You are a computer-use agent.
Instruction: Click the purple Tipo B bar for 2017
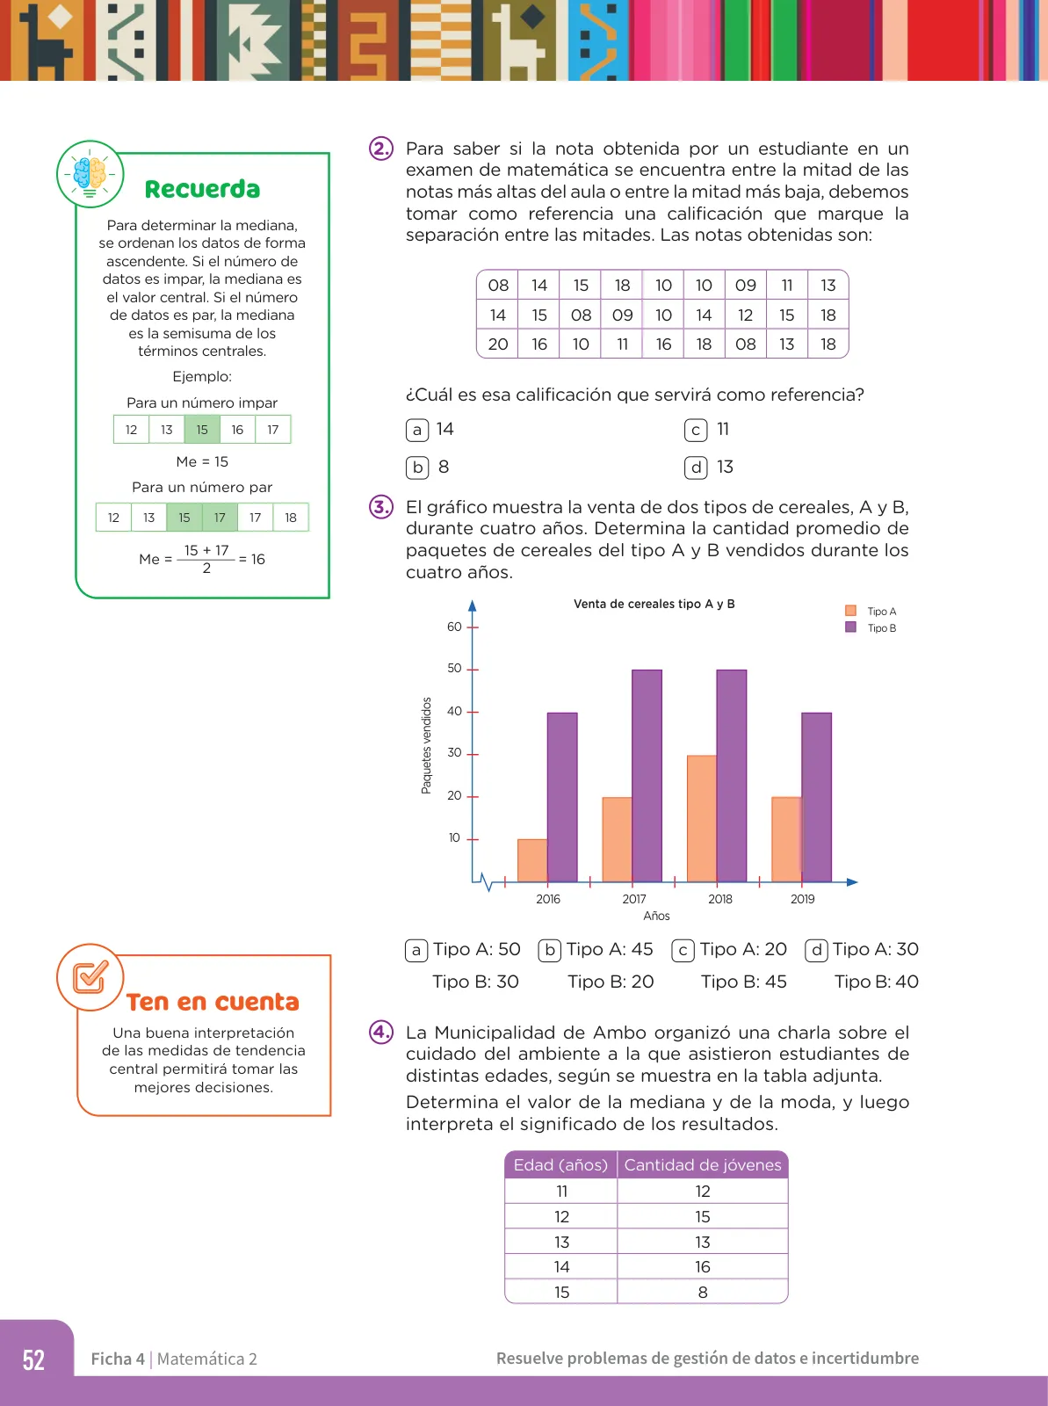click(x=647, y=776)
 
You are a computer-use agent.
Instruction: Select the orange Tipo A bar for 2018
click(x=702, y=819)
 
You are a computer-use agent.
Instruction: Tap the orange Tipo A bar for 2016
click(x=532, y=860)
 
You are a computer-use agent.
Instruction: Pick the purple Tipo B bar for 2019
click(x=816, y=798)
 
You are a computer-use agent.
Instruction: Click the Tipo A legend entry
click(x=871, y=611)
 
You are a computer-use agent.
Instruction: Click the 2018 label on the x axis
click(x=720, y=899)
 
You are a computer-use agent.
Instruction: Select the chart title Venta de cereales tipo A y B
click(x=654, y=604)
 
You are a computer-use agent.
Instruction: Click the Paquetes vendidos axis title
click(x=426, y=745)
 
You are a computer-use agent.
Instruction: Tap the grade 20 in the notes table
click(x=497, y=344)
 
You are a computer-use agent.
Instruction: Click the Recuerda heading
click(x=202, y=190)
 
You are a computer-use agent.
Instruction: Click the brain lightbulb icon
click(x=90, y=174)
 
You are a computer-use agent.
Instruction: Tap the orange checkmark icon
click(x=90, y=977)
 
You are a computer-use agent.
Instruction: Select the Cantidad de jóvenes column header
click(x=702, y=1164)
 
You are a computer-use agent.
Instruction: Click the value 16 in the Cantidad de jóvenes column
click(x=702, y=1266)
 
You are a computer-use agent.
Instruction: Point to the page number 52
click(x=34, y=1359)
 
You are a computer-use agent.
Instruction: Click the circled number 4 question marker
click(x=381, y=1032)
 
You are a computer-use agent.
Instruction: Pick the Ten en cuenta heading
click(x=213, y=1002)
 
